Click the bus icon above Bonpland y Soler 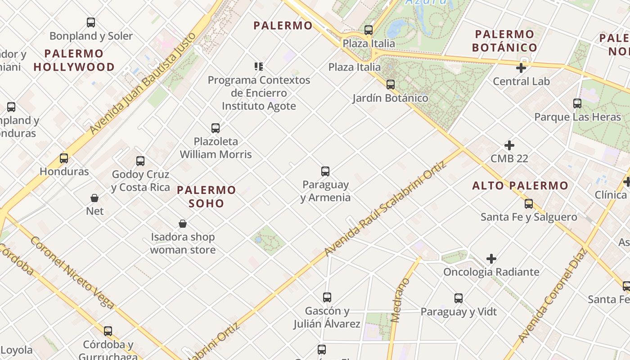pyautogui.click(x=91, y=22)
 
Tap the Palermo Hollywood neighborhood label pyautogui.click(x=74, y=60)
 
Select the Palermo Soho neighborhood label pyautogui.click(x=206, y=197)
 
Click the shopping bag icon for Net pyautogui.click(x=94, y=198)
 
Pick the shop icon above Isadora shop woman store pyautogui.click(x=183, y=224)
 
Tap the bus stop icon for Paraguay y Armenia pyautogui.click(x=325, y=171)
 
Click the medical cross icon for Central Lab pyautogui.click(x=521, y=68)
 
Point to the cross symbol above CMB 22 pyautogui.click(x=509, y=146)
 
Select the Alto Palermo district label pyautogui.click(x=520, y=185)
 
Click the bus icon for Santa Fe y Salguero pyautogui.click(x=529, y=204)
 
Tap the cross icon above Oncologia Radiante pyautogui.click(x=491, y=259)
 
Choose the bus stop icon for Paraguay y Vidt pyautogui.click(x=459, y=298)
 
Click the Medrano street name pyautogui.click(x=400, y=300)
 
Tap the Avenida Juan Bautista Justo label pyautogui.click(x=143, y=83)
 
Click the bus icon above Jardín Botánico pyautogui.click(x=391, y=85)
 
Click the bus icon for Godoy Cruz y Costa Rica pyautogui.click(x=140, y=161)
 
